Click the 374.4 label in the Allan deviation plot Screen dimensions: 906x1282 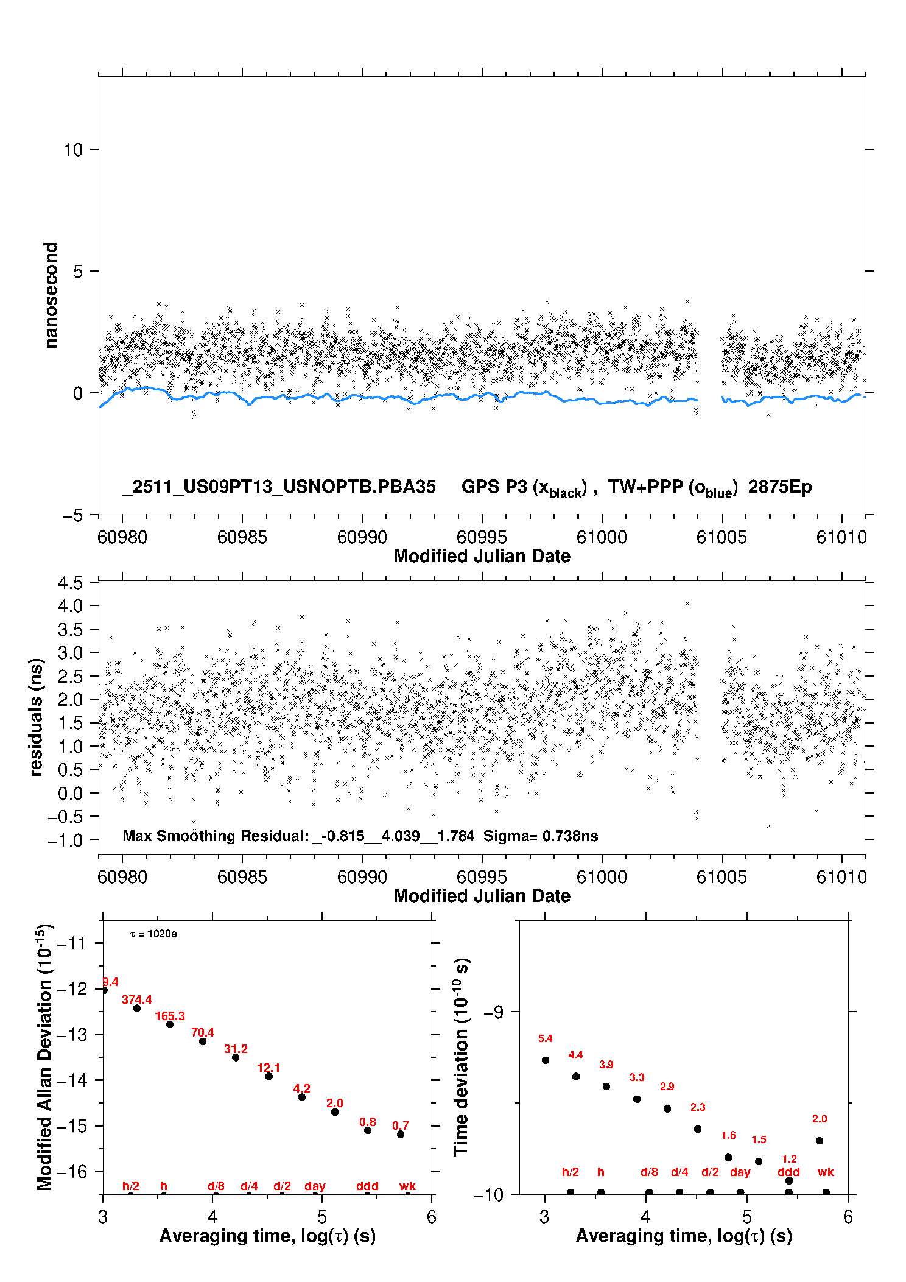[x=136, y=999]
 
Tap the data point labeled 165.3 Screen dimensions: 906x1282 [x=170, y=1024]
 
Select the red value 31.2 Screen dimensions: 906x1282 [x=236, y=1049]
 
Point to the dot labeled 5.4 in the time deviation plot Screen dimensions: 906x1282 [x=546, y=1060]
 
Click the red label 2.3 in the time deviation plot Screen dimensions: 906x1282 [x=698, y=1107]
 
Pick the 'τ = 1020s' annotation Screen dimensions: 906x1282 [x=153, y=934]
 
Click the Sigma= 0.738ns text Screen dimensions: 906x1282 [x=541, y=836]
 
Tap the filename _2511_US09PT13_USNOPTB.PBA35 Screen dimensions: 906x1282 [x=279, y=487]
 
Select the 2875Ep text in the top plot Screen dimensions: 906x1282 [x=780, y=487]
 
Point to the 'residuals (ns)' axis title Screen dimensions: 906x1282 [x=37, y=717]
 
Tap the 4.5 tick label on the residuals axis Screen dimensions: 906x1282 [x=70, y=583]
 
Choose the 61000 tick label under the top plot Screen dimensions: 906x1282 [x=602, y=537]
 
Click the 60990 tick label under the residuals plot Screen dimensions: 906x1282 [x=362, y=877]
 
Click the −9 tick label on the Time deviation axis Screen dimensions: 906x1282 [x=493, y=1012]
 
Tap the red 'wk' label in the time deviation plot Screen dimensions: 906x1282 [x=826, y=1172]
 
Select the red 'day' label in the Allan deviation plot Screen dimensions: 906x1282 [x=315, y=1186]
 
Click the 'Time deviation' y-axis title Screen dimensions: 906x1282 [x=462, y=1057]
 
